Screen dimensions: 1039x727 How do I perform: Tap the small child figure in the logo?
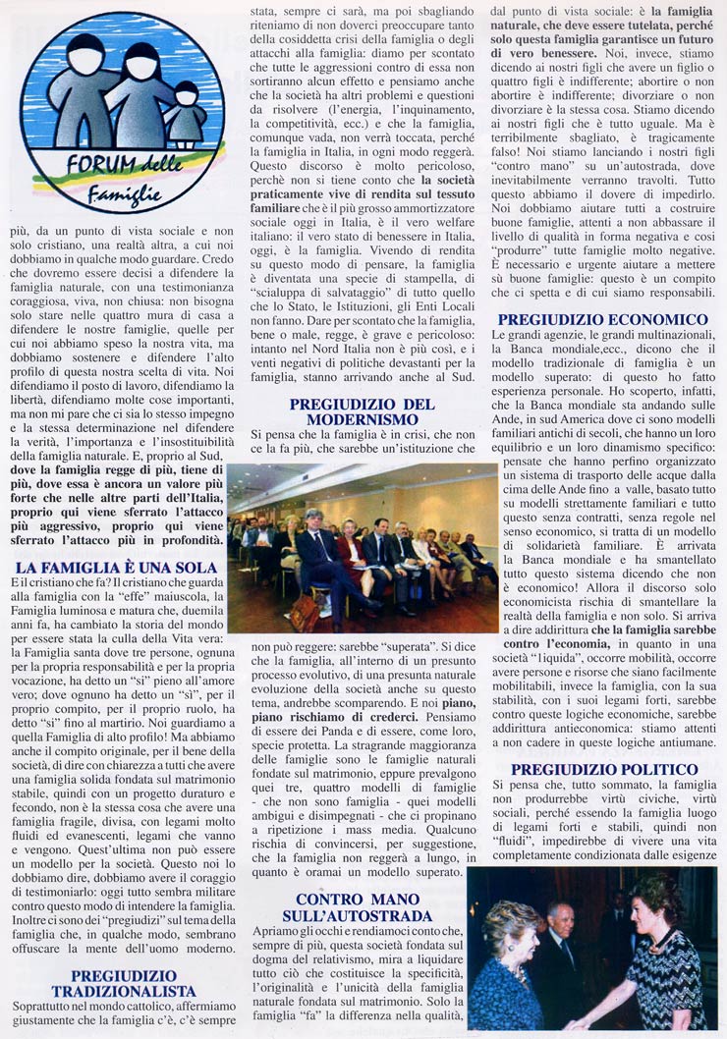pyautogui.click(x=186, y=112)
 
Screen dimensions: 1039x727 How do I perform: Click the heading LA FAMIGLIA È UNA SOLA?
pyautogui.click(x=118, y=568)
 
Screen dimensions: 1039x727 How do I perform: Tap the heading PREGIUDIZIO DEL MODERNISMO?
pyautogui.click(x=362, y=411)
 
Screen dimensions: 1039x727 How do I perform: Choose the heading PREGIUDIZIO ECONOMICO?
pyautogui.click(x=602, y=319)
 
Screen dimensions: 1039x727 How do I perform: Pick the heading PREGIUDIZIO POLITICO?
pyautogui.click(x=603, y=768)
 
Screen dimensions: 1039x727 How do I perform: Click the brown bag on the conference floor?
pyautogui.click(x=304, y=614)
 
